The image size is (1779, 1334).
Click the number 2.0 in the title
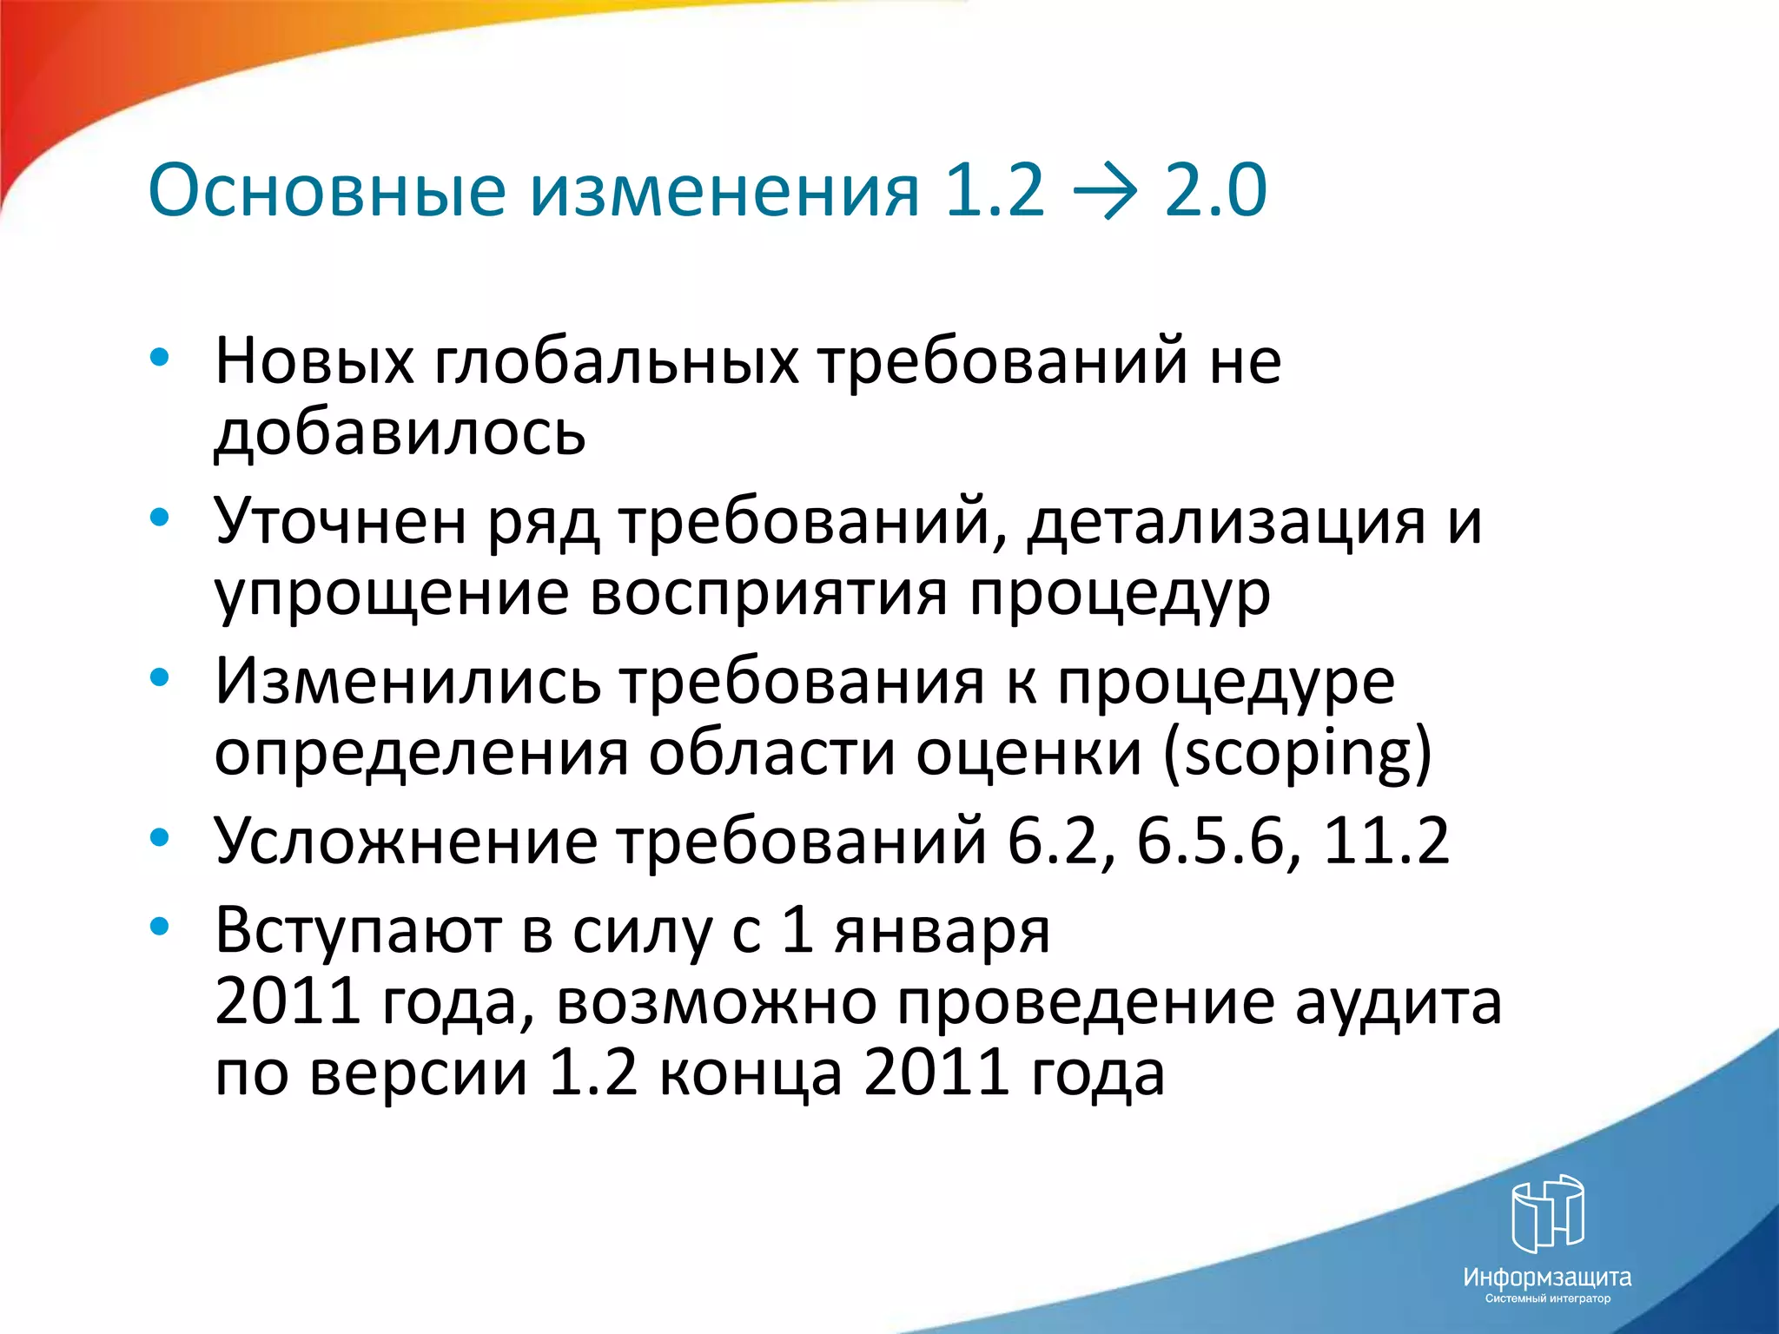(x=1215, y=191)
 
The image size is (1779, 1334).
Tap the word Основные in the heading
(x=327, y=191)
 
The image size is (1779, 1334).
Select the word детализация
(x=1226, y=523)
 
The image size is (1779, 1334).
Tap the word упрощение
(x=391, y=595)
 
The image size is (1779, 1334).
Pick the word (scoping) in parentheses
(x=1297, y=754)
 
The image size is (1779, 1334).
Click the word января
(x=942, y=931)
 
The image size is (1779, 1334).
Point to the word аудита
(x=1398, y=1003)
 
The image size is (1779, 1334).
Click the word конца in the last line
(x=751, y=1073)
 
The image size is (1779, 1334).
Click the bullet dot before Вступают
(x=159, y=927)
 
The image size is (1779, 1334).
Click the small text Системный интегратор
(x=1547, y=1298)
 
